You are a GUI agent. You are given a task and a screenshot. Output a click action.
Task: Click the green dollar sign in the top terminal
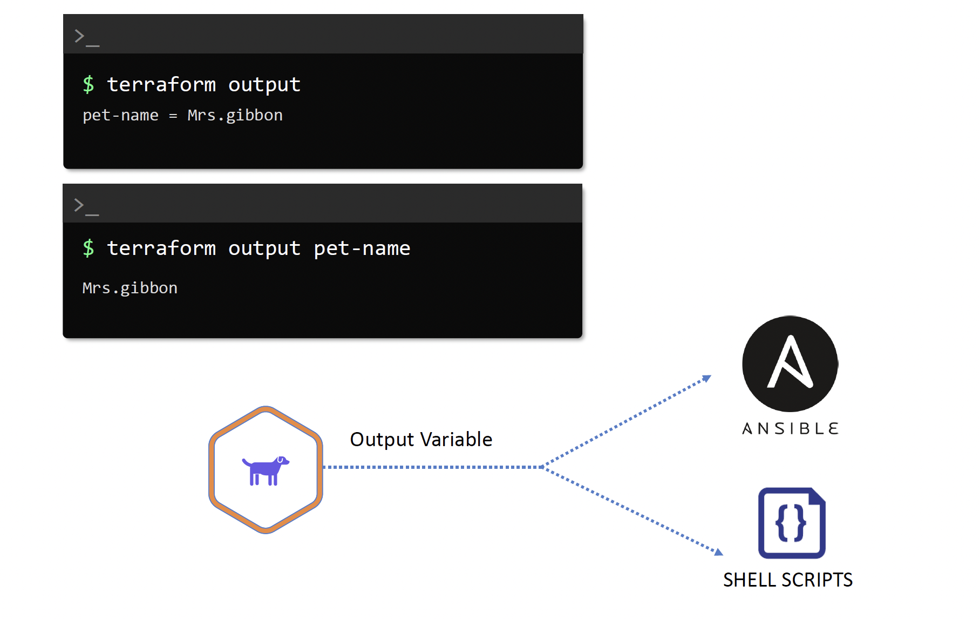pyautogui.click(x=89, y=85)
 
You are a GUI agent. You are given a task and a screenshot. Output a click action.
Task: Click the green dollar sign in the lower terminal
pyautogui.click(x=89, y=248)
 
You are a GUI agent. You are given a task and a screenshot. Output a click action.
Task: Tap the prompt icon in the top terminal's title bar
pyautogui.click(x=86, y=37)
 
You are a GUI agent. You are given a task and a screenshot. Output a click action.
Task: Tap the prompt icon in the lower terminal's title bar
pyautogui.click(x=86, y=206)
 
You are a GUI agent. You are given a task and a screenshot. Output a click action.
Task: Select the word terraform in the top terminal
pyautogui.click(x=161, y=85)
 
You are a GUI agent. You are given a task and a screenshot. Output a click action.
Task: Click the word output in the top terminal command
pyautogui.click(x=264, y=85)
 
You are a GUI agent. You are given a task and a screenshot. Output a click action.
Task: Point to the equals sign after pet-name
pyautogui.click(x=173, y=116)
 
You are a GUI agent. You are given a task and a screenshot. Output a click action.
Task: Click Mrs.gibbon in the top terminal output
pyautogui.click(x=235, y=116)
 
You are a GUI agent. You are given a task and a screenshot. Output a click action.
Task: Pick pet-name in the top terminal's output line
pyautogui.click(x=120, y=116)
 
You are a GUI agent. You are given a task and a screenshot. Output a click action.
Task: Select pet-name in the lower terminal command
pyautogui.click(x=362, y=248)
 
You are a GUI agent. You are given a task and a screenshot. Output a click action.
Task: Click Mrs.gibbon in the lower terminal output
pyautogui.click(x=130, y=288)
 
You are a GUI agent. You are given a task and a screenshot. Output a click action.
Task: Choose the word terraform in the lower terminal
pyautogui.click(x=161, y=248)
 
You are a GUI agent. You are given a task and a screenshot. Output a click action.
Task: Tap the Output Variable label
pyautogui.click(x=421, y=440)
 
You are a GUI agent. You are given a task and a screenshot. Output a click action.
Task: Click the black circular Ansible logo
pyautogui.click(x=790, y=364)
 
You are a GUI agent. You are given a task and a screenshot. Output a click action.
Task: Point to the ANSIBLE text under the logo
pyautogui.click(x=790, y=429)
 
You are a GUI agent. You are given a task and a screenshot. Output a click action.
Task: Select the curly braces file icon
pyautogui.click(x=791, y=523)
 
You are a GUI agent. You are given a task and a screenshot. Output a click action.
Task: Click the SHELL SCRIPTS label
pyautogui.click(x=787, y=580)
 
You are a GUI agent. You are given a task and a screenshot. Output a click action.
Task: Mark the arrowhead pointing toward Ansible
pyautogui.click(x=706, y=378)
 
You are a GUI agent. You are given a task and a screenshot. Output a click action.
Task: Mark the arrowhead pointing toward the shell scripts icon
pyautogui.click(x=718, y=552)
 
